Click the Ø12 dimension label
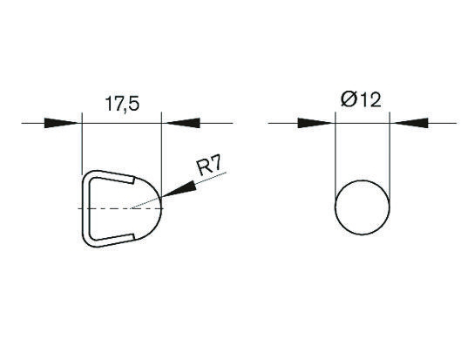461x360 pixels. pos(362,101)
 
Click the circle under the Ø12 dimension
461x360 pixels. pos(363,208)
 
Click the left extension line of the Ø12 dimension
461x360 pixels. pos(336,157)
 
